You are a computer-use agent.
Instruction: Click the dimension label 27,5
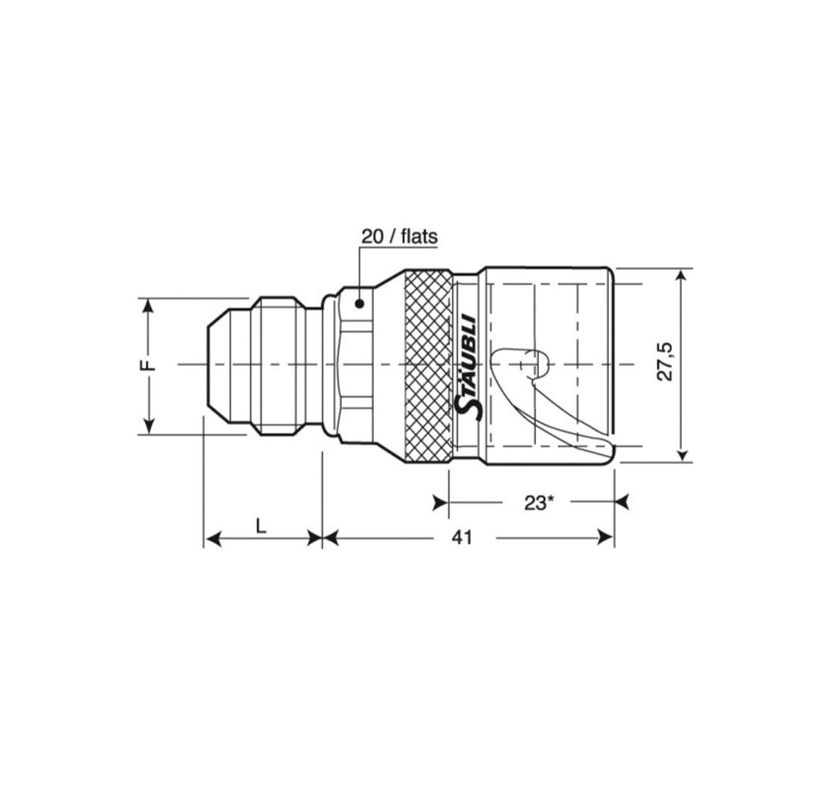(665, 361)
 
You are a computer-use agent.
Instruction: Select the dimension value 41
(461, 537)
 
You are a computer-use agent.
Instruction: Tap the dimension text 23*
(537, 503)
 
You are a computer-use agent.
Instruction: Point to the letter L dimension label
(261, 525)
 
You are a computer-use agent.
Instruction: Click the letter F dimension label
(149, 365)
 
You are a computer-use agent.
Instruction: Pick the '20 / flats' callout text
(399, 237)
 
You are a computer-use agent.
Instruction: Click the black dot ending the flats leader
(360, 303)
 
